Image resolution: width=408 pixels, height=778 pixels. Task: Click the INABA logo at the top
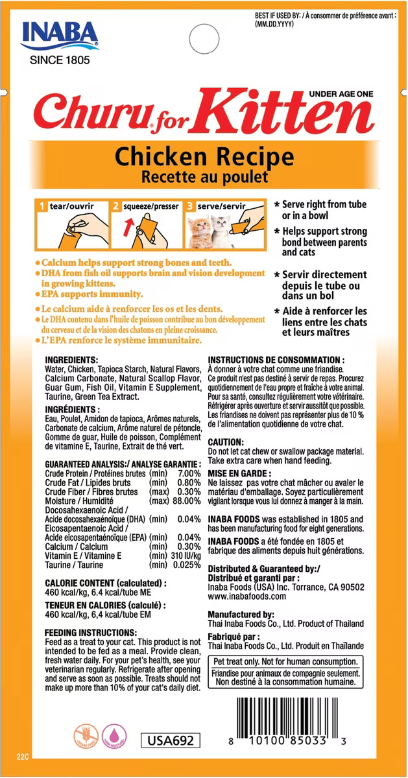click(59, 34)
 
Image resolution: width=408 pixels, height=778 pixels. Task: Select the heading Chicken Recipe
click(196, 156)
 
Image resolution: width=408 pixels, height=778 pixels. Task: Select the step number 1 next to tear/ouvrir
click(42, 206)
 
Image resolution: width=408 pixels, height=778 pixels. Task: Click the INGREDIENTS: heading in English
click(71, 360)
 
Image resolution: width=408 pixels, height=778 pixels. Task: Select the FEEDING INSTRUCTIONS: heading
click(90, 633)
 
